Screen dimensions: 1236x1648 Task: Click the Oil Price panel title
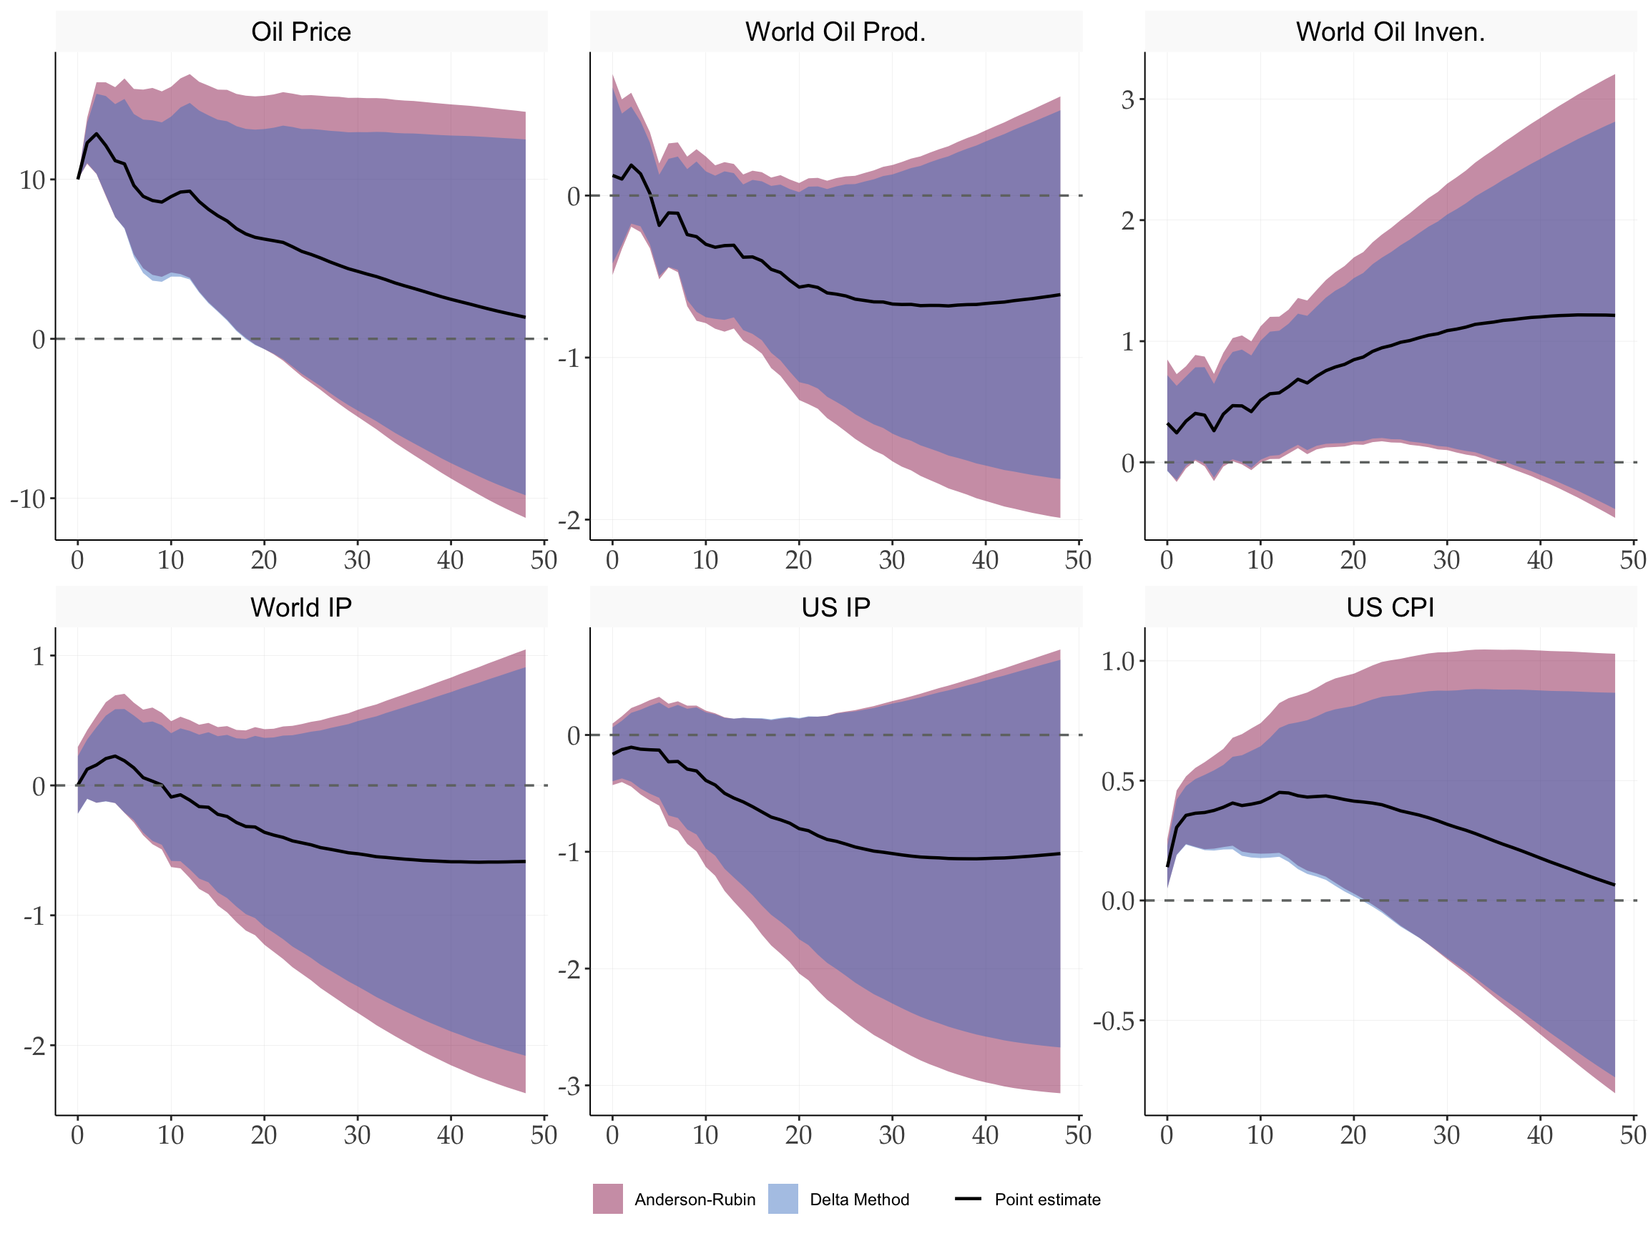click(301, 32)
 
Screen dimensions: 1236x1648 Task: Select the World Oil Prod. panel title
click(835, 32)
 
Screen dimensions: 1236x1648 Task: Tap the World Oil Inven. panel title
click(1390, 32)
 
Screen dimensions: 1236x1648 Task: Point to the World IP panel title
click(301, 608)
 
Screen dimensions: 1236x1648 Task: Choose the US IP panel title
click(835, 608)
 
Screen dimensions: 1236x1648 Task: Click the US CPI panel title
click(1390, 608)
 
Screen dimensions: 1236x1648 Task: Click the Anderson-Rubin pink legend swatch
click(608, 1199)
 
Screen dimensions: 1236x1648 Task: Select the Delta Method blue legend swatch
click(783, 1199)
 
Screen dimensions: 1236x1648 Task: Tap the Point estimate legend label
click(1046, 1200)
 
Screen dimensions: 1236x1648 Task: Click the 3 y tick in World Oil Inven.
click(1127, 99)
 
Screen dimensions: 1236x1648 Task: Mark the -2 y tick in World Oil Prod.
click(569, 520)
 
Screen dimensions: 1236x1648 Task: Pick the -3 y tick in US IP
click(569, 1087)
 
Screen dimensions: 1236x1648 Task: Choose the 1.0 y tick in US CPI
click(1117, 661)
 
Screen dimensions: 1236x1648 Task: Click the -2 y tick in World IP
click(34, 1046)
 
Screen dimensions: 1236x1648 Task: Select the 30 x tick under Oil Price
click(357, 560)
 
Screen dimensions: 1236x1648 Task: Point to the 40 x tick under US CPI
click(1540, 1135)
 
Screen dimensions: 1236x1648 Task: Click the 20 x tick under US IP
click(799, 1135)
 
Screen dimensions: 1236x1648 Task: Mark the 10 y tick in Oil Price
click(32, 180)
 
